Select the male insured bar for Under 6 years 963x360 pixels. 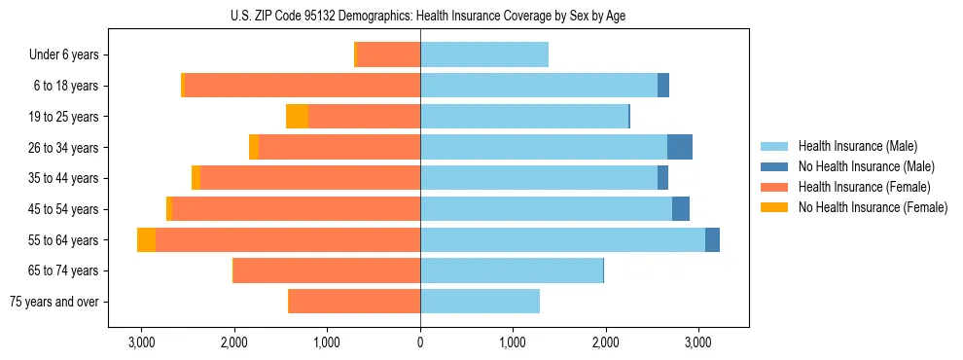click(x=484, y=55)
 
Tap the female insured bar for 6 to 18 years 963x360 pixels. click(x=302, y=86)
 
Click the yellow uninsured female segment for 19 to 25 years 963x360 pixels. click(x=297, y=117)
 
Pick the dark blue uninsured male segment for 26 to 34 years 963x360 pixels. click(x=680, y=148)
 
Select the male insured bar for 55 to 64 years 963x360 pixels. click(x=562, y=240)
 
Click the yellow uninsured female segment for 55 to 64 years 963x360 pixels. click(x=146, y=240)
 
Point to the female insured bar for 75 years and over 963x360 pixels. click(x=354, y=302)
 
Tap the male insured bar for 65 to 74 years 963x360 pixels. click(x=512, y=270)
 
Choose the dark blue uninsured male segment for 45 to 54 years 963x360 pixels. click(x=681, y=209)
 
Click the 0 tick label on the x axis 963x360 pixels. click(x=420, y=342)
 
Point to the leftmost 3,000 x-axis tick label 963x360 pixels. click(x=141, y=342)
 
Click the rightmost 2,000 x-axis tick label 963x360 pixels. click(x=605, y=342)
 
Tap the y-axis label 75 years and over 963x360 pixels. click(x=53, y=302)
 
